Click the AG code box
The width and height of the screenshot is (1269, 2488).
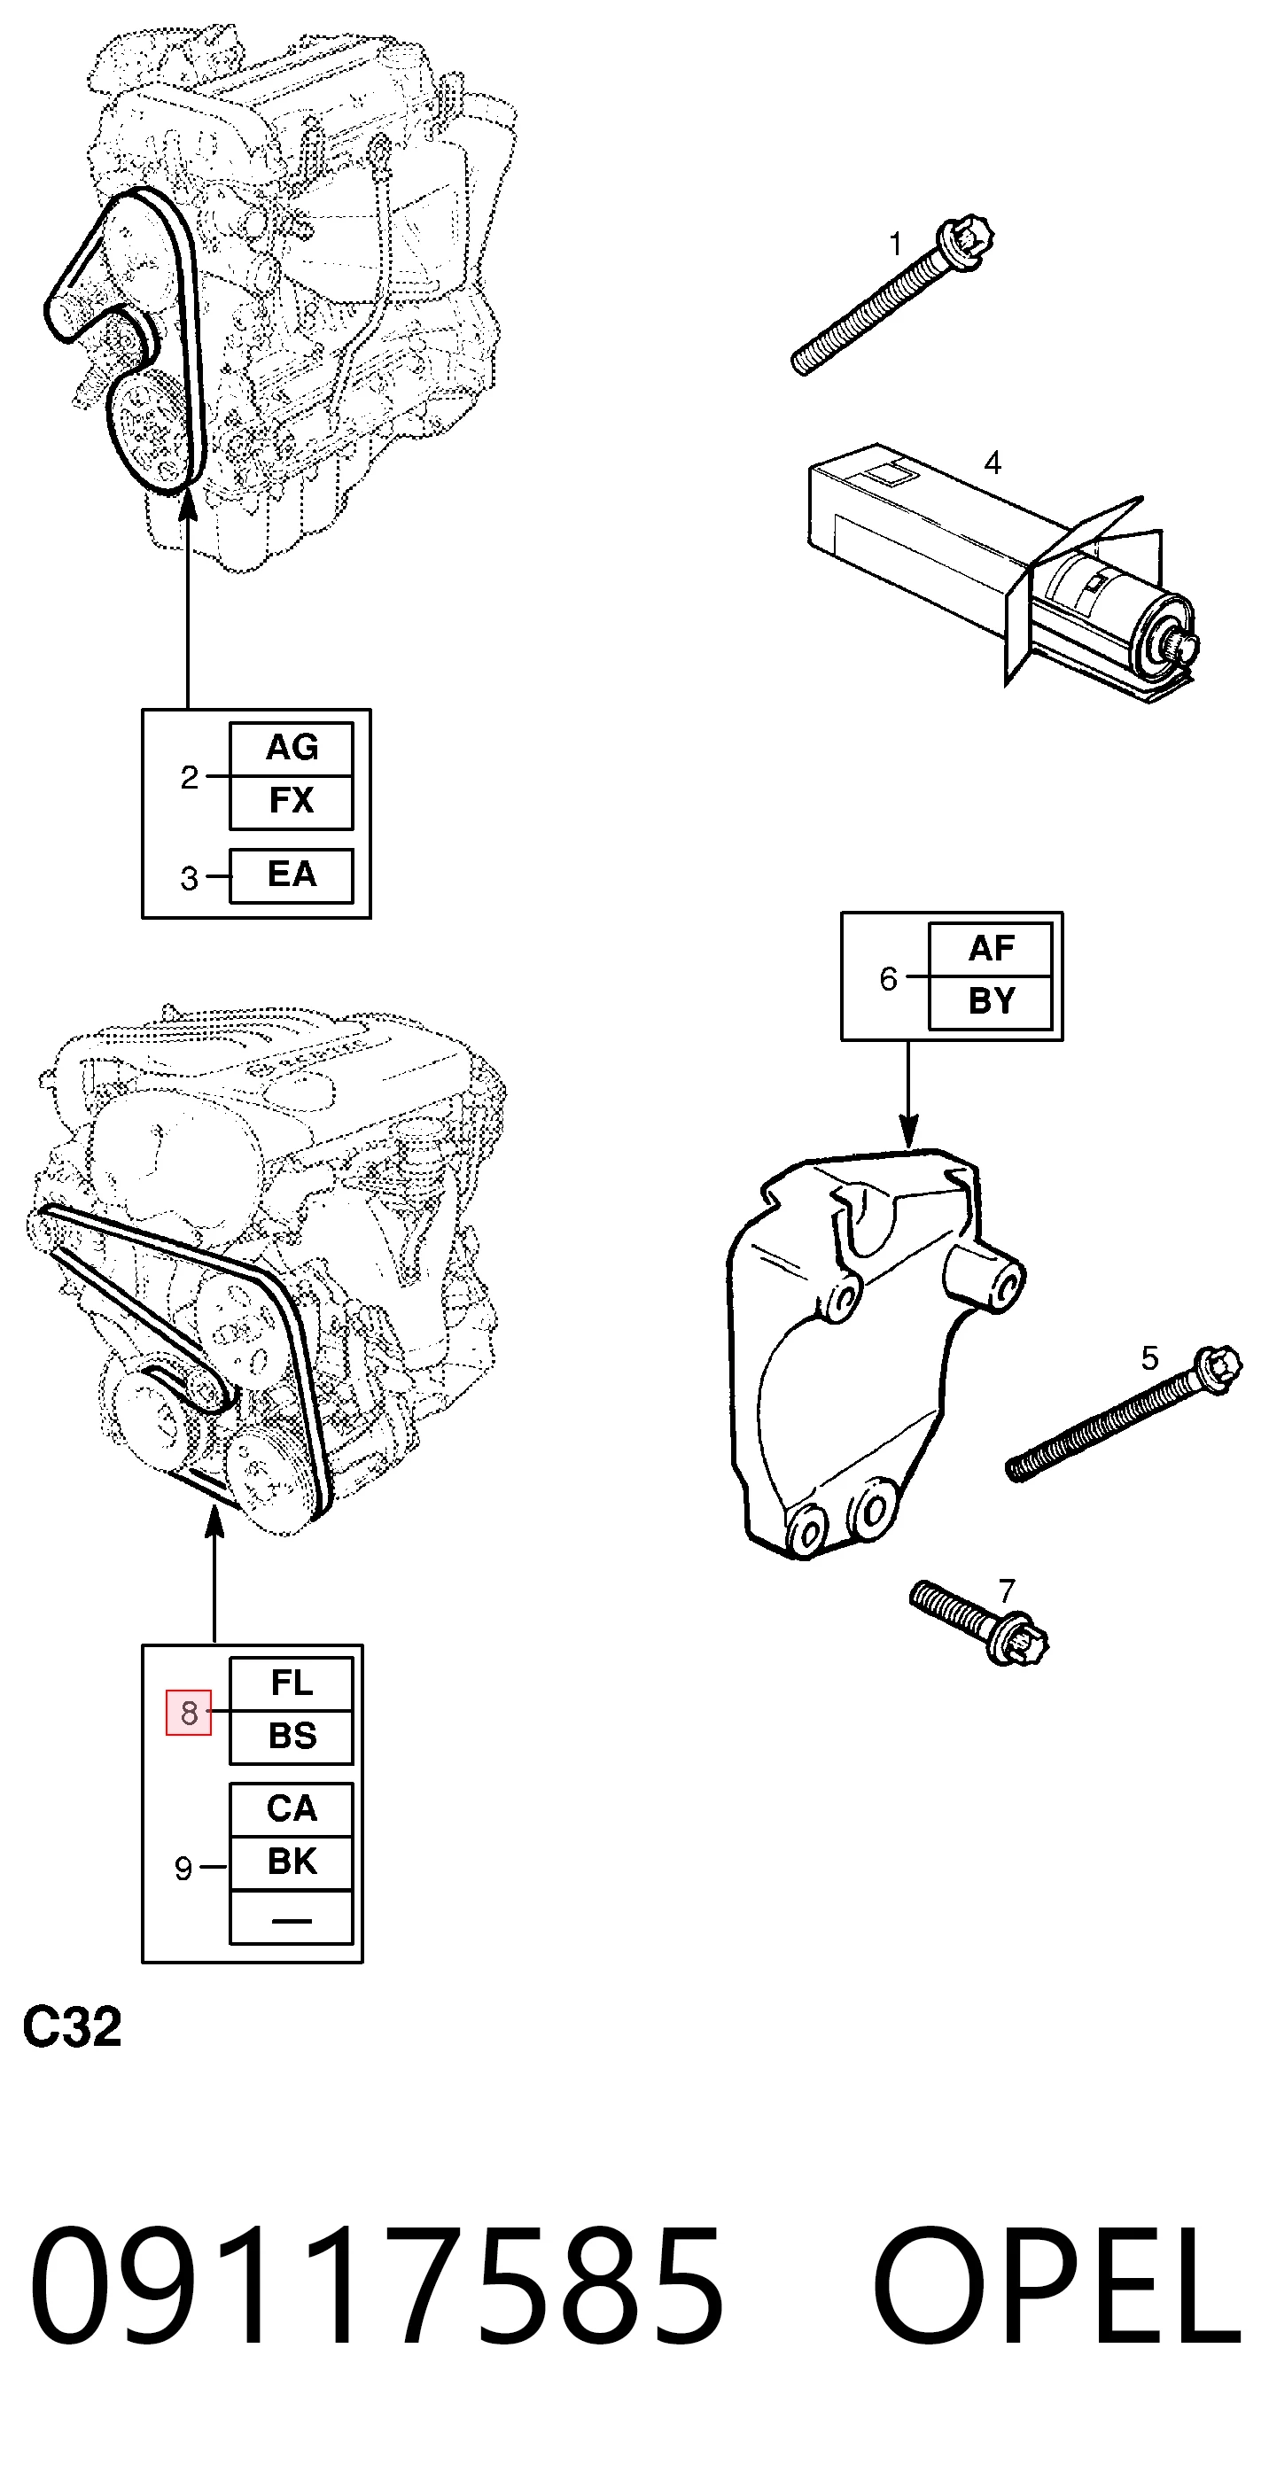tap(291, 749)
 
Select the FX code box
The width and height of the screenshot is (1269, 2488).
tap(291, 802)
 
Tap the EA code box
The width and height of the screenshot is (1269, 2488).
tap(291, 875)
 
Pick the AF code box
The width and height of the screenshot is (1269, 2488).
tap(990, 950)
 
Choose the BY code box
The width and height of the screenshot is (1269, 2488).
tap(990, 1002)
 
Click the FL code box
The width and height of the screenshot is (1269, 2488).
tap(291, 1684)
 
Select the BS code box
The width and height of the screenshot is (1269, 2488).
tap(291, 1738)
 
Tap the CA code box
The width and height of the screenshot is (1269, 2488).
tap(291, 1809)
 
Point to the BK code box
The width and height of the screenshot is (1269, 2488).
tap(291, 1862)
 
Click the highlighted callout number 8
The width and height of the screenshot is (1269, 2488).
tap(189, 1713)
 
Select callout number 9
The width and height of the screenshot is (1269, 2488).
tap(183, 1869)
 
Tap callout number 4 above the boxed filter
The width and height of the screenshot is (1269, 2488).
tap(992, 463)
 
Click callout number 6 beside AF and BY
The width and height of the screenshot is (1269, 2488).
tap(889, 979)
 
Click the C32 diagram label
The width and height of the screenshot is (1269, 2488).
tap(73, 2026)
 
